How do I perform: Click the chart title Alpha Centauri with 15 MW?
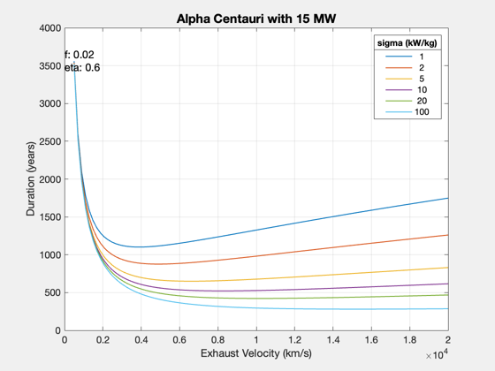[x=256, y=19]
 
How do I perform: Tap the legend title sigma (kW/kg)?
[x=407, y=43]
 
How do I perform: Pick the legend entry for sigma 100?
[x=407, y=112]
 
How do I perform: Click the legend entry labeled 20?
[x=407, y=101]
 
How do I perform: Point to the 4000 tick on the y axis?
[x=50, y=28]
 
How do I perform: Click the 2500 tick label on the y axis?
[x=50, y=141]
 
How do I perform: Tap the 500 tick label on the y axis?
[x=52, y=292]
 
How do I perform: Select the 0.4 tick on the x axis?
[x=141, y=340]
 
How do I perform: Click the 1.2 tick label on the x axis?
[x=294, y=340]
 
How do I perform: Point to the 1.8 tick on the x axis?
[x=410, y=340]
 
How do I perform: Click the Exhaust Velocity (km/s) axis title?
[x=256, y=353]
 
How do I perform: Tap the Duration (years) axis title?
[x=31, y=178]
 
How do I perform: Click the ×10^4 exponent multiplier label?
[x=437, y=355]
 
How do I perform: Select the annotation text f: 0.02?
[x=80, y=55]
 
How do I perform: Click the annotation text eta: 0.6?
[x=82, y=67]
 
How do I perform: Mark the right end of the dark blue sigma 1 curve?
[x=448, y=198]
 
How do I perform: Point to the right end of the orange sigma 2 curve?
[x=448, y=235]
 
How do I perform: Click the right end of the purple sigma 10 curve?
[x=448, y=284]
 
